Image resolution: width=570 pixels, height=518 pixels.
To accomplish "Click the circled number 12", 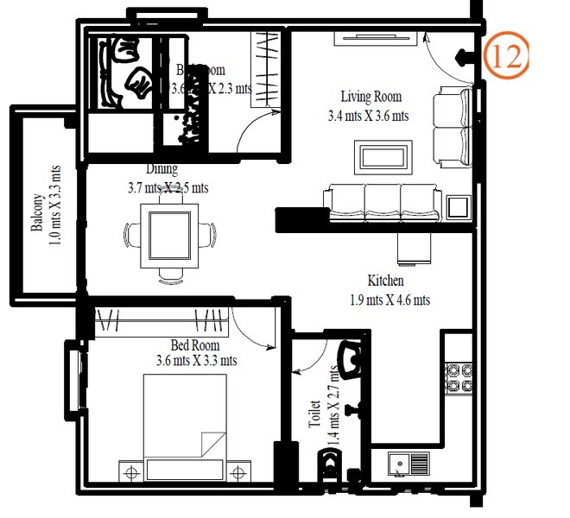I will click(x=505, y=57).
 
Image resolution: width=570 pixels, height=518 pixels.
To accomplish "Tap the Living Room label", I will click(x=370, y=97).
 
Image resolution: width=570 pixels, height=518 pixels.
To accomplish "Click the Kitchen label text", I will click(x=386, y=281).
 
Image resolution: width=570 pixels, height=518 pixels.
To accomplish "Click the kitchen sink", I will click(x=408, y=464).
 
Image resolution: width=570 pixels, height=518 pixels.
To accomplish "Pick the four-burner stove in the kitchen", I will click(x=457, y=377).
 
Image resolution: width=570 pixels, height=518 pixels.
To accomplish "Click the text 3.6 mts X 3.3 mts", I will click(x=197, y=361).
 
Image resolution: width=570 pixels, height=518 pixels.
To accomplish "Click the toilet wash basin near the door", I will click(x=350, y=361).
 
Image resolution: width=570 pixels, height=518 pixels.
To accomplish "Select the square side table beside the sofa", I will click(x=458, y=207).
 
